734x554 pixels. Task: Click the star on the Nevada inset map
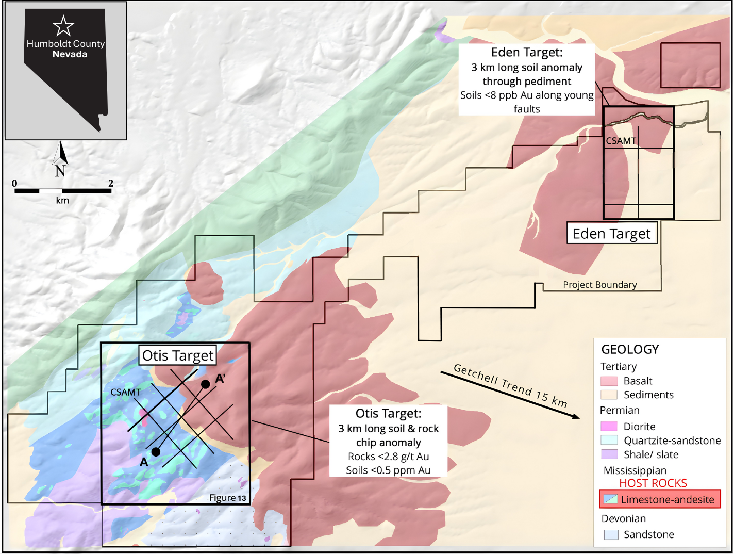click(63, 26)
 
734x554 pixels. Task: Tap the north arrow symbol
click(61, 154)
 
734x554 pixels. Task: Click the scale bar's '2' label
click(111, 183)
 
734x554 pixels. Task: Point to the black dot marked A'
click(205, 384)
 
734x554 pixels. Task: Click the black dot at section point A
click(156, 452)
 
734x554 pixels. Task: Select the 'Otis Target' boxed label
click(177, 355)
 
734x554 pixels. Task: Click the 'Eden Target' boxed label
click(611, 234)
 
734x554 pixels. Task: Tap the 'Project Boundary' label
click(599, 285)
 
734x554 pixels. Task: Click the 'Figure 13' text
click(227, 498)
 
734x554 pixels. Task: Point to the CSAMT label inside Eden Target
click(621, 141)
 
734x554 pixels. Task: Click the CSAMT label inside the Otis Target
click(125, 393)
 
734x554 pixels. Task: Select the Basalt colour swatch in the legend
click(609, 381)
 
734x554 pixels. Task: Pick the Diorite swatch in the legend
click(609, 427)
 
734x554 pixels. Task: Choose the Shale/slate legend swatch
click(609, 454)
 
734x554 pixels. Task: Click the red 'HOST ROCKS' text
click(653, 483)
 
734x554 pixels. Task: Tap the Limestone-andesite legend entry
click(660, 499)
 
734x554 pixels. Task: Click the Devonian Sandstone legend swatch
click(611, 534)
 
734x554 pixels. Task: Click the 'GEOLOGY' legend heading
click(630, 350)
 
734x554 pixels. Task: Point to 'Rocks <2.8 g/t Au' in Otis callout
click(388, 457)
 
